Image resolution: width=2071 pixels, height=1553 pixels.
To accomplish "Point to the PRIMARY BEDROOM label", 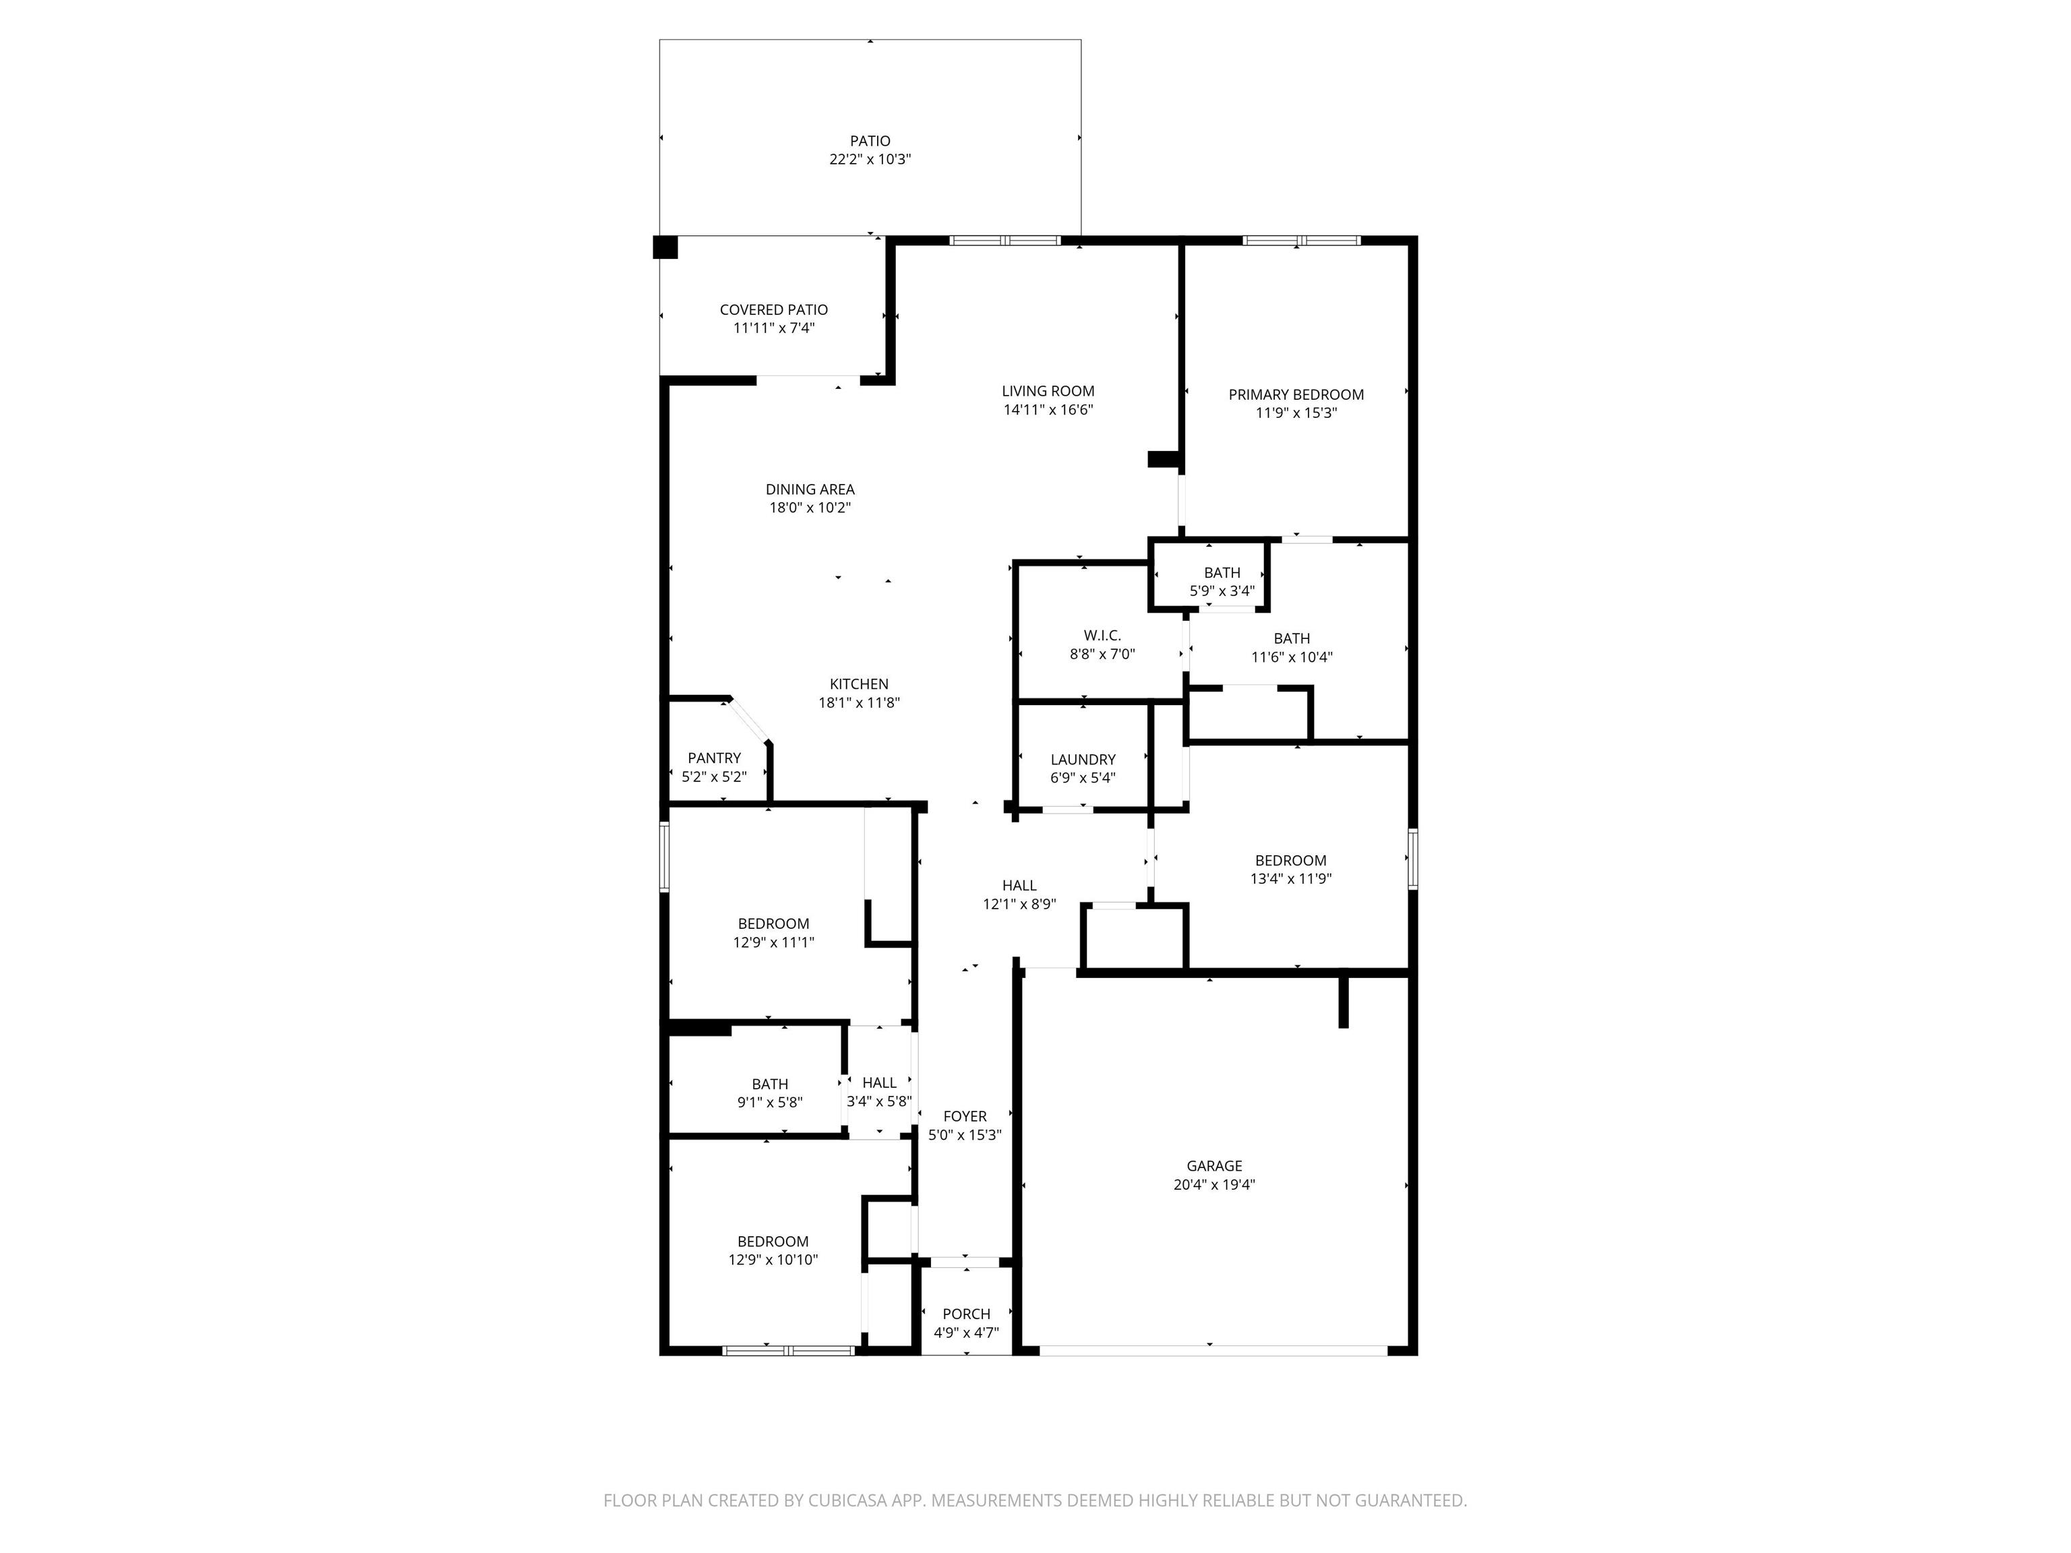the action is pos(1296,395).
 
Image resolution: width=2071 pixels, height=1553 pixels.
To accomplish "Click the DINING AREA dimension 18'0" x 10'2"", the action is pos(810,508).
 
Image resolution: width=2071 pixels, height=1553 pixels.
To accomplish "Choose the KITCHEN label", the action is pos(859,684).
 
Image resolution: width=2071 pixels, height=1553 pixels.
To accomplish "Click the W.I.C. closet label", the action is pos(1102,636).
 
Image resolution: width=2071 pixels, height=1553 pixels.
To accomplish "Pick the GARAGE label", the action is pos(1214,1166).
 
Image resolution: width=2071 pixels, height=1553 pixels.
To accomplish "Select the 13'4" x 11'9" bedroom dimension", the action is pos(1291,879).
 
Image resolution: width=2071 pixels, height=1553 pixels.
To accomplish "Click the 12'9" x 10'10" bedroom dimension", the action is pos(773,1260).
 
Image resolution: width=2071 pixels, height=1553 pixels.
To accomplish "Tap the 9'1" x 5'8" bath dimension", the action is pos(770,1103).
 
